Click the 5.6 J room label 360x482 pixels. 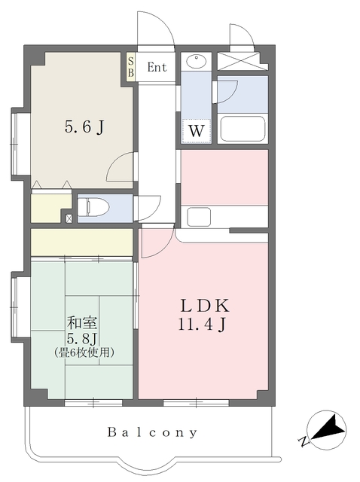point(83,127)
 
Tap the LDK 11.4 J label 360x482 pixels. point(203,316)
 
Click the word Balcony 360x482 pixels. point(152,433)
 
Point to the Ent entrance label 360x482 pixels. point(157,68)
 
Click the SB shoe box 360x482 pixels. point(131,66)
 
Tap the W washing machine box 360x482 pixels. point(197,130)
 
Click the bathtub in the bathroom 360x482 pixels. point(243,129)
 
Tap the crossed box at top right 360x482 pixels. point(243,62)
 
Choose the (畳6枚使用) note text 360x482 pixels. point(84,352)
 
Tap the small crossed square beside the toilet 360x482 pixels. point(70,218)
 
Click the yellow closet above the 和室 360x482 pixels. point(81,243)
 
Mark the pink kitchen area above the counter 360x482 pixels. point(224,177)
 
